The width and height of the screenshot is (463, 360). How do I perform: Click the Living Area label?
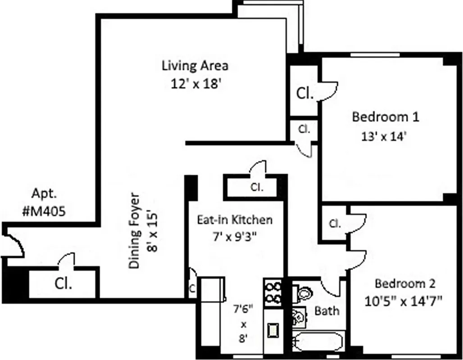click(x=195, y=66)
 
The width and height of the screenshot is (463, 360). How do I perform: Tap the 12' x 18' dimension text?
click(x=195, y=84)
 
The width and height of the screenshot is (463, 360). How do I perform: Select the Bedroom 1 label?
click(x=386, y=117)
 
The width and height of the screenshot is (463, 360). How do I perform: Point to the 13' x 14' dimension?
click(x=384, y=136)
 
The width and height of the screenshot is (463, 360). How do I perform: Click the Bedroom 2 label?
click(x=405, y=284)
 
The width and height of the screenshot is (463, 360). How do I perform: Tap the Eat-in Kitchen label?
click(x=235, y=220)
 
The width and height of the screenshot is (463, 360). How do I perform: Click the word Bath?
click(x=327, y=310)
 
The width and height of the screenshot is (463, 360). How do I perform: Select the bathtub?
click(x=318, y=342)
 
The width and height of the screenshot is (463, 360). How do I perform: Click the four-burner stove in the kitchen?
click(x=273, y=292)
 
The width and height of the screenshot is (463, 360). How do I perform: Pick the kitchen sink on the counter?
click(x=273, y=331)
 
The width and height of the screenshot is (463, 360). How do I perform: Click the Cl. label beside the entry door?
click(x=64, y=284)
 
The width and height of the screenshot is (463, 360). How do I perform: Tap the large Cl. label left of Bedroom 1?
click(x=304, y=94)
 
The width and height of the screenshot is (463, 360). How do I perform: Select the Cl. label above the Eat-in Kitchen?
click(x=257, y=187)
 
